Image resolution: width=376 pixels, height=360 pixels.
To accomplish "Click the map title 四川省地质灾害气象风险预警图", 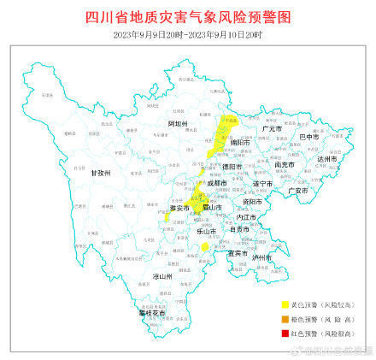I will (x=188, y=16).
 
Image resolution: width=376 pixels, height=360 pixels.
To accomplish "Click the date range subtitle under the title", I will (x=188, y=34).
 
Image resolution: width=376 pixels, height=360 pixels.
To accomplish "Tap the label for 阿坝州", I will (x=177, y=124).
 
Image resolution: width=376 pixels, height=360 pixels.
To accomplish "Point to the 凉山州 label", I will (x=162, y=276).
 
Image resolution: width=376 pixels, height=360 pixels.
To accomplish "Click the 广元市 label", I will (x=271, y=128).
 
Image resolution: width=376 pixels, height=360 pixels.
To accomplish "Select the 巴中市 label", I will (x=308, y=136).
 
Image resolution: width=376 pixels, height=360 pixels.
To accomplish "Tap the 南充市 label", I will (x=285, y=164).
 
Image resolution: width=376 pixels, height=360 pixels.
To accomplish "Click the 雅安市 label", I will (x=179, y=208).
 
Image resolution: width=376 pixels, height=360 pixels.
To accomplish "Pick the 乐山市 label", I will (x=206, y=231).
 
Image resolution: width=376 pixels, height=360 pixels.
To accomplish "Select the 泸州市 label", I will (x=261, y=257).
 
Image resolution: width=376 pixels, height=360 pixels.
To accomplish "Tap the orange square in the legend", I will (x=285, y=318).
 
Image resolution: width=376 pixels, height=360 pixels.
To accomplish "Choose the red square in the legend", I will (x=285, y=332).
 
